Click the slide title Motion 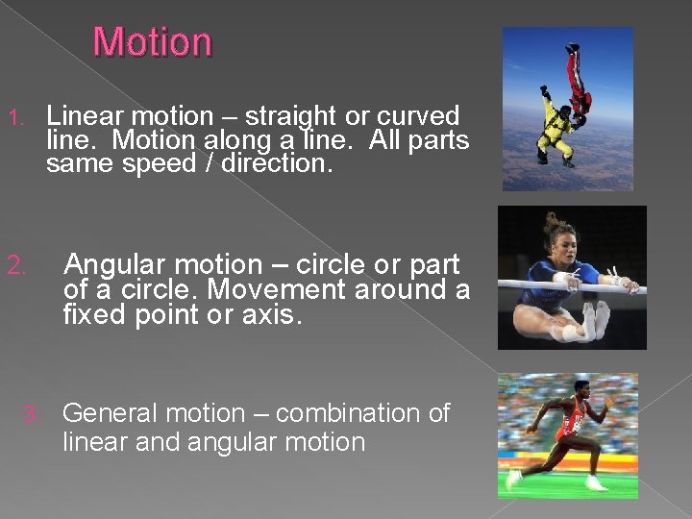[152, 43]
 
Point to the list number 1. [14, 118]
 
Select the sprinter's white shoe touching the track [514, 477]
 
